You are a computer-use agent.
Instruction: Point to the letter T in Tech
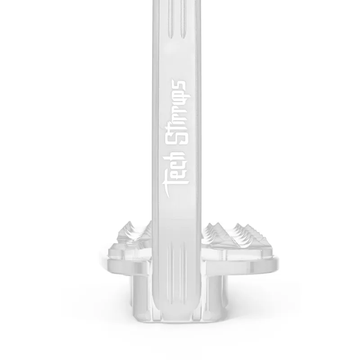click(x=176, y=190)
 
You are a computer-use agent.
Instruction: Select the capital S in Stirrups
click(x=178, y=138)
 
